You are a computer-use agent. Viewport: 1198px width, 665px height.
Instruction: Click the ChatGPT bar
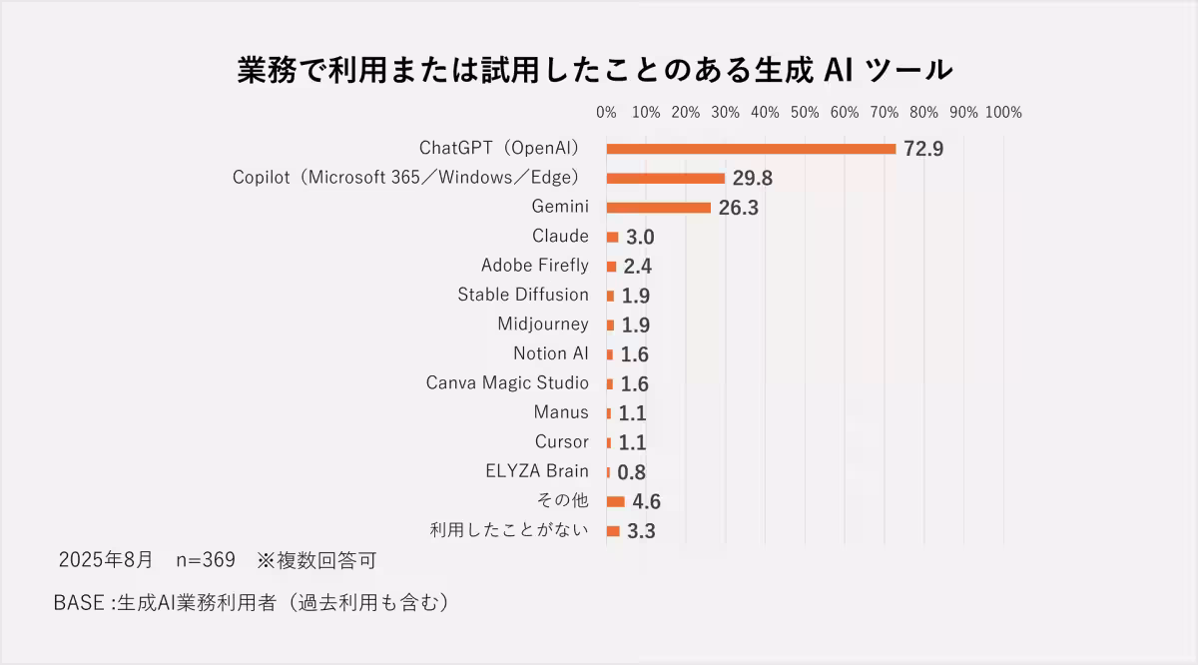click(751, 149)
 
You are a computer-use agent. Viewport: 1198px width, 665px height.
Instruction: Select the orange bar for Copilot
click(665, 179)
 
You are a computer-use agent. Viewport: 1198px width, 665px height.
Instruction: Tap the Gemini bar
click(658, 208)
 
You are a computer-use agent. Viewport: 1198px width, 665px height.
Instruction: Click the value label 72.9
click(923, 150)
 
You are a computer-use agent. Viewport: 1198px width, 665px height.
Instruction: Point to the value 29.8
click(753, 179)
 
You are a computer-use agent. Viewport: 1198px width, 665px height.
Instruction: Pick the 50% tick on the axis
click(805, 113)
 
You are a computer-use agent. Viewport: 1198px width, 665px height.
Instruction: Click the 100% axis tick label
click(1003, 113)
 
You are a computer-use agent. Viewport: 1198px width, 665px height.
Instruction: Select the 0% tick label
click(606, 113)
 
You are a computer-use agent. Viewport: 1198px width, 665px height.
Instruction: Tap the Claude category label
click(560, 237)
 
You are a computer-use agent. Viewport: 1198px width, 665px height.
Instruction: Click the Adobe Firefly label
click(534, 266)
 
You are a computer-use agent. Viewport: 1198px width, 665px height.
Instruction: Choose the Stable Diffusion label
click(523, 295)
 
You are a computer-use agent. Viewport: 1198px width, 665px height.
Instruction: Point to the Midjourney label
click(543, 324)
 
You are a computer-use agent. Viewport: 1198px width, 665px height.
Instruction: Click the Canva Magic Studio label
click(507, 382)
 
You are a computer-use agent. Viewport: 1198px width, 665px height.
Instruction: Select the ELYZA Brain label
click(536, 471)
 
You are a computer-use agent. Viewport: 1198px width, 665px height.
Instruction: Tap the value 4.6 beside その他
click(646, 501)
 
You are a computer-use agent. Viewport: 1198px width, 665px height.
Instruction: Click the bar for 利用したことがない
click(613, 530)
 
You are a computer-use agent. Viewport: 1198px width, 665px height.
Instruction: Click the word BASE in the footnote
click(79, 604)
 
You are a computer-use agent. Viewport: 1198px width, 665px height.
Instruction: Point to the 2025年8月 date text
click(108, 560)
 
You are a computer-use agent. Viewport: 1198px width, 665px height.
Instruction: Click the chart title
click(595, 71)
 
